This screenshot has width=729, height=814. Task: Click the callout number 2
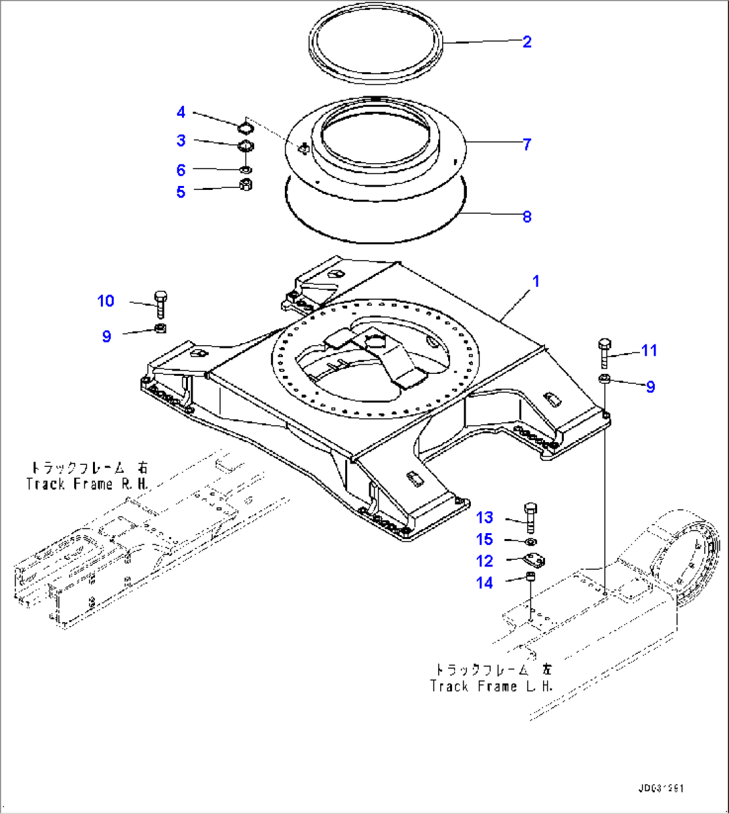pyautogui.click(x=527, y=42)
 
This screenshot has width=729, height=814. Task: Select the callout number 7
pyautogui.click(x=527, y=144)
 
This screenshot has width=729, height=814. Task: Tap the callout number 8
pyautogui.click(x=527, y=217)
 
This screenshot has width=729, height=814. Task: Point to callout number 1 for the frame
pyautogui.click(x=536, y=282)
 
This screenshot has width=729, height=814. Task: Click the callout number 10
pyautogui.click(x=106, y=302)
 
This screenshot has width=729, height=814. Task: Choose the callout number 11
pyautogui.click(x=649, y=350)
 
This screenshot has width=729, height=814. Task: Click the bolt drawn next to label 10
pyautogui.click(x=161, y=305)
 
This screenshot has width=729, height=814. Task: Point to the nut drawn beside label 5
pyautogui.click(x=245, y=185)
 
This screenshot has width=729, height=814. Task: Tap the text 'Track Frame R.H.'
pyautogui.click(x=88, y=484)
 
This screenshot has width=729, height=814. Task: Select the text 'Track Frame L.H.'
pyautogui.click(x=492, y=686)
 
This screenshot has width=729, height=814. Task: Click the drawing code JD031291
pyautogui.click(x=661, y=789)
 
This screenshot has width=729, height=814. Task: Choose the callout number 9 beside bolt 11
pyautogui.click(x=650, y=387)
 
